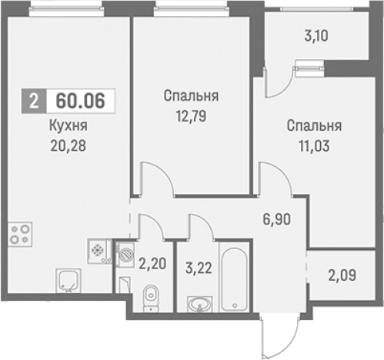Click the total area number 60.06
click(76, 101)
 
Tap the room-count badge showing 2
click(33, 101)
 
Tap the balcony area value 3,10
click(318, 35)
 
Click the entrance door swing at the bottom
click(272, 332)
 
